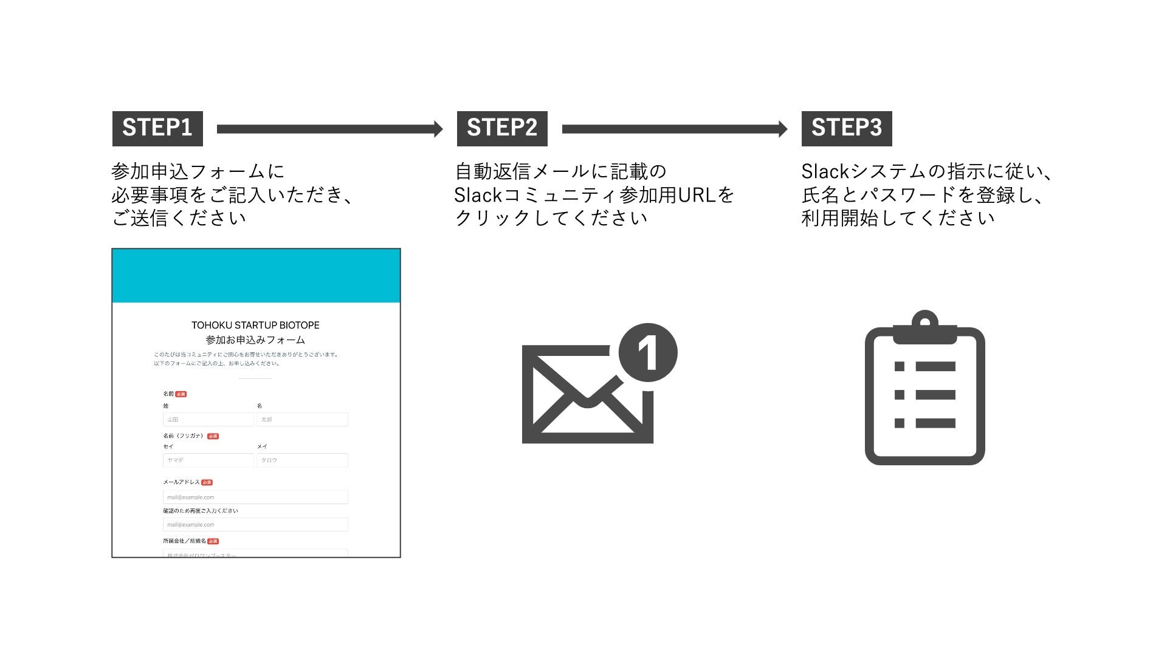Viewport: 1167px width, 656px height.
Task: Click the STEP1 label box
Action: point(157,128)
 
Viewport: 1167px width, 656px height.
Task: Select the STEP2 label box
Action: point(502,128)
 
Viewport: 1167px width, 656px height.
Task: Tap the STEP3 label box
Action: point(847,128)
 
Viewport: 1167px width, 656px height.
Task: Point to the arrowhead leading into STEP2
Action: point(438,129)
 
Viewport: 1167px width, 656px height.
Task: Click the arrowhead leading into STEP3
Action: point(783,129)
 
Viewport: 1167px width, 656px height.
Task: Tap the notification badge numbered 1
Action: point(648,353)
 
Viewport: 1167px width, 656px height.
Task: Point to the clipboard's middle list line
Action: point(935,395)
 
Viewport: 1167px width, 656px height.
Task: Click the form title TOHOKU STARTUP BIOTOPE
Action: point(255,326)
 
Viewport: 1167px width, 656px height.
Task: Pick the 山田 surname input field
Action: point(208,420)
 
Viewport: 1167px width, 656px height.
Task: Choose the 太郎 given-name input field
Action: point(302,420)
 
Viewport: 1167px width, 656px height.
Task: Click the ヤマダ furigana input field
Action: point(208,460)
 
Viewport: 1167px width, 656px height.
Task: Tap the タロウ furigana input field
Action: point(302,460)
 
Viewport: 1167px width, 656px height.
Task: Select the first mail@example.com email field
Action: point(255,497)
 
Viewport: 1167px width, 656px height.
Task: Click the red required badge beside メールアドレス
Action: point(207,482)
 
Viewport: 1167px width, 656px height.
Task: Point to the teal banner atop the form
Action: point(256,276)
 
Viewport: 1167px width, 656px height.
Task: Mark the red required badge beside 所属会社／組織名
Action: point(213,541)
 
